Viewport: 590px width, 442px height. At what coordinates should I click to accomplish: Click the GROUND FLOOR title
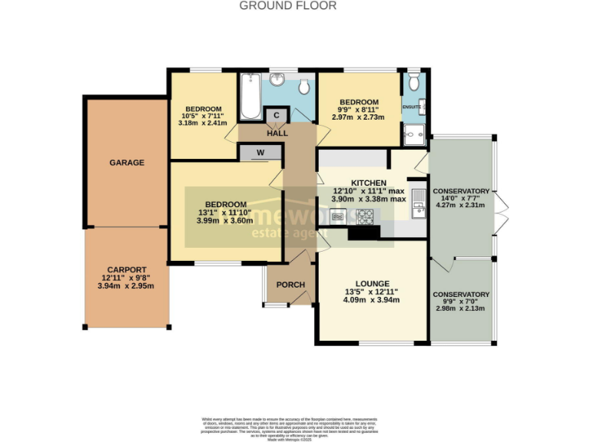pyautogui.click(x=287, y=5)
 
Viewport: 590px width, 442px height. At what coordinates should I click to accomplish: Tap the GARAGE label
pyautogui.click(x=127, y=163)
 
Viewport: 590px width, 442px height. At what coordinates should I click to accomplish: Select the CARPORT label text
pyautogui.click(x=127, y=269)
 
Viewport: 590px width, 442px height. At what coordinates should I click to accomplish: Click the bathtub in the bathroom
pyautogui.click(x=250, y=97)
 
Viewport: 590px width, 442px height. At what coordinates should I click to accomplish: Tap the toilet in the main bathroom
pyautogui.click(x=304, y=84)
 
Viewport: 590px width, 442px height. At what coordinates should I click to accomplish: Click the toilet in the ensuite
pyautogui.click(x=414, y=80)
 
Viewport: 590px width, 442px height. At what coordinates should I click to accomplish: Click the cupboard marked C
pyautogui.click(x=276, y=116)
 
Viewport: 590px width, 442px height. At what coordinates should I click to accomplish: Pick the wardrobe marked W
pyautogui.click(x=260, y=153)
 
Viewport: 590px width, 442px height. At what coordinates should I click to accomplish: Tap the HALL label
pyautogui.click(x=277, y=134)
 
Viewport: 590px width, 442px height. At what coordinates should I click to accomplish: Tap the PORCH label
pyautogui.click(x=290, y=285)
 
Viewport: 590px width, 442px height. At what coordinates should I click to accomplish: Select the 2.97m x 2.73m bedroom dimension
pyautogui.click(x=358, y=117)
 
